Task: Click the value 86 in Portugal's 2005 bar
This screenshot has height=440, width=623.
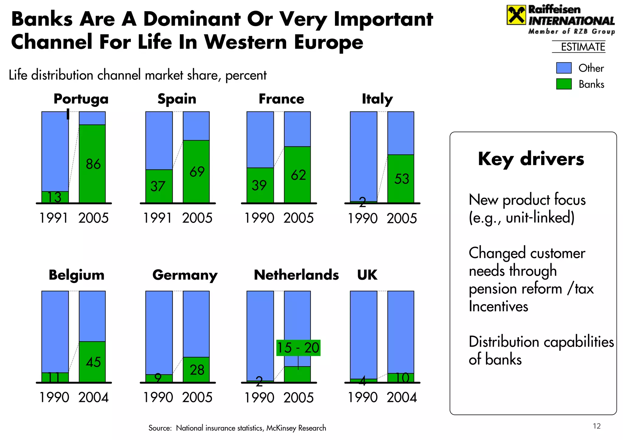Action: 93,164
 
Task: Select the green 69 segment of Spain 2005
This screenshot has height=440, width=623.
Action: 196,172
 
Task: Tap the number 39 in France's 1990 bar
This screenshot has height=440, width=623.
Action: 259,185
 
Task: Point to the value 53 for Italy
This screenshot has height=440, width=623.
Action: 402,179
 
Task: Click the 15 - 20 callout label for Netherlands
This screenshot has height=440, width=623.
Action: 298,348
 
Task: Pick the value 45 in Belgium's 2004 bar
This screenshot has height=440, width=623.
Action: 93,362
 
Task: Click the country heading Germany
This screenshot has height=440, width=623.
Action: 185,275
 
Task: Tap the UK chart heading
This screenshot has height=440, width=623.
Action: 367,275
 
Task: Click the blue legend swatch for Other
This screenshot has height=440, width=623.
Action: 564,68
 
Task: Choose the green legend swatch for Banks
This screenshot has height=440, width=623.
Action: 564,84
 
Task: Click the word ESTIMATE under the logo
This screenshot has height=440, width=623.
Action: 583,47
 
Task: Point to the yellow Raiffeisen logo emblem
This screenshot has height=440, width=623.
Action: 516,15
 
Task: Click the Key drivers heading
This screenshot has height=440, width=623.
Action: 531,159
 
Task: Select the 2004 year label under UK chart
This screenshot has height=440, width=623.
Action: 402,397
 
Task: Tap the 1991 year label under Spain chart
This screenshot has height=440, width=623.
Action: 158,218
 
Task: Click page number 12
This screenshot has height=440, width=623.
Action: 597,426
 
